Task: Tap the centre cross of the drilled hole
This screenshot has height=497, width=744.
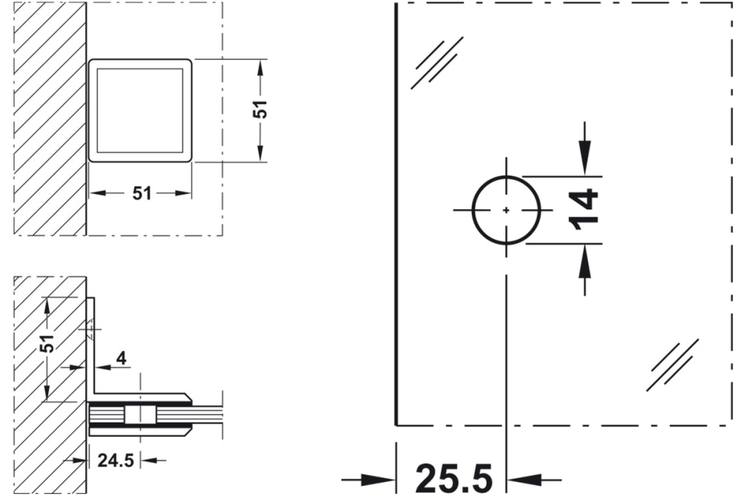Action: coord(506,210)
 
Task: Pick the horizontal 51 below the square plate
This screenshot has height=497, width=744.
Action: coord(141,193)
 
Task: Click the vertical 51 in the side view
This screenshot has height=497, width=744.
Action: coord(47,345)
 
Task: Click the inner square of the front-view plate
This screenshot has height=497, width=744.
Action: coord(140,110)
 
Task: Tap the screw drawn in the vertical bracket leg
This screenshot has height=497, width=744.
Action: coord(89,325)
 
